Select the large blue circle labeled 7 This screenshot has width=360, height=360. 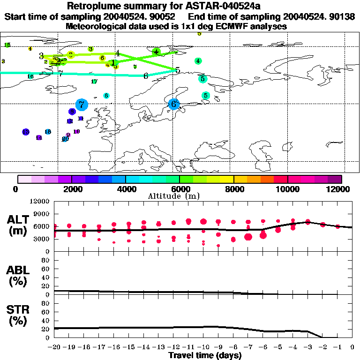82,105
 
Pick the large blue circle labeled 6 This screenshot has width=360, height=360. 173,104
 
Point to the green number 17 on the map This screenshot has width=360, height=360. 94,82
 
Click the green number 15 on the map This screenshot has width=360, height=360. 7,45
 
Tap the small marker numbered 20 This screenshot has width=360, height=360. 65,139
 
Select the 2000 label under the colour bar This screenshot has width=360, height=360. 71,189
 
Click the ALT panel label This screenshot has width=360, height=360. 18,225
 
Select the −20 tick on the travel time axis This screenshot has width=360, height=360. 54,347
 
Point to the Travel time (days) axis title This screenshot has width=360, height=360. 205,355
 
